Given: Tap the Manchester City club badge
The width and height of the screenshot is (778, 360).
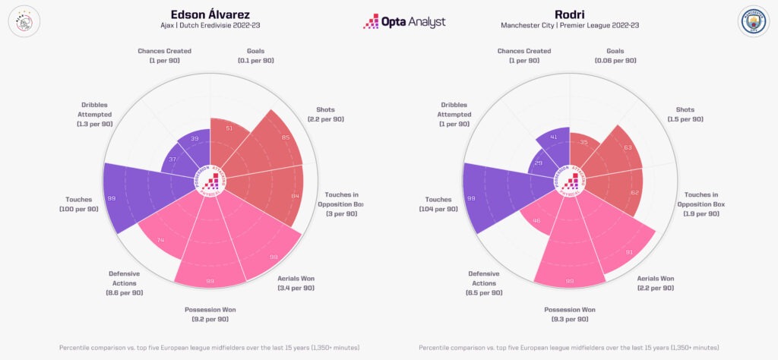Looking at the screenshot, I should click(754, 22).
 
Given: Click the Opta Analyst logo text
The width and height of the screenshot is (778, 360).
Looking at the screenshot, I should click(404, 22).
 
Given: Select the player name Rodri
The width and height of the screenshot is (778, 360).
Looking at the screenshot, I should click(570, 13).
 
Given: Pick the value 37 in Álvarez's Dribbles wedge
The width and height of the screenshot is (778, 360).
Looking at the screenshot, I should click(172, 159).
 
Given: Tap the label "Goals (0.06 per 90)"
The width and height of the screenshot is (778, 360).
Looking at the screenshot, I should click(615, 55).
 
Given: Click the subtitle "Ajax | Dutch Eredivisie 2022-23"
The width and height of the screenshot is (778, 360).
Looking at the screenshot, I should click(210, 26).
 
